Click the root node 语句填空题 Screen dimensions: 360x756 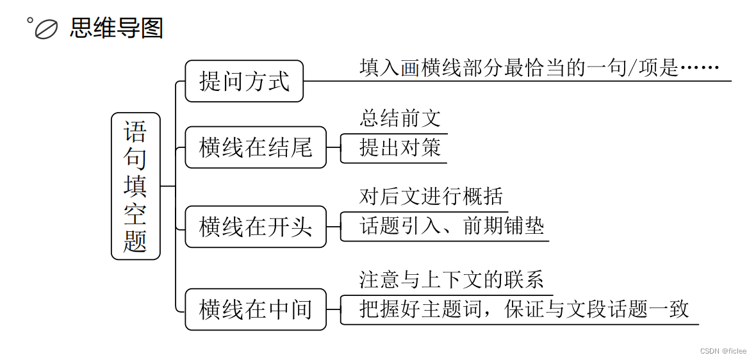(x=135, y=186)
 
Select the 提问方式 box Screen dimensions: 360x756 (x=244, y=81)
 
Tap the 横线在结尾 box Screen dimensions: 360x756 (x=256, y=147)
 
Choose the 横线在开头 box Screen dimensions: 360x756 (x=256, y=227)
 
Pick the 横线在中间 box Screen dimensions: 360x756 (x=256, y=309)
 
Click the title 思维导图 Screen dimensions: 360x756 (x=117, y=28)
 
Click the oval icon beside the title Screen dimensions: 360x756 (x=47, y=29)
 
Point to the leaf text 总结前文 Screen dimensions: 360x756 (x=400, y=119)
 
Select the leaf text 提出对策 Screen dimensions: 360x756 (x=400, y=148)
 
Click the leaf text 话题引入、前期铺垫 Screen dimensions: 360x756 (x=452, y=226)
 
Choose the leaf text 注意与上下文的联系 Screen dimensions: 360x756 (x=452, y=280)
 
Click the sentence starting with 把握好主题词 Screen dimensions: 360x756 (x=523, y=309)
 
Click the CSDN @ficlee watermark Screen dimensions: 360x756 (x=723, y=351)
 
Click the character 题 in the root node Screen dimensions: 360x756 (x=135, y=241)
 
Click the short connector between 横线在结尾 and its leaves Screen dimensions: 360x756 (x=333, y=147)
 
